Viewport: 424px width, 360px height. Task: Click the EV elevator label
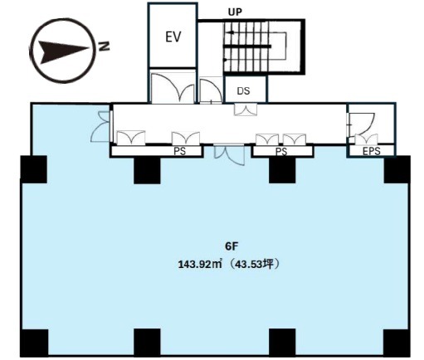point(173,36)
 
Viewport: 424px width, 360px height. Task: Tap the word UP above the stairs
point(235,12)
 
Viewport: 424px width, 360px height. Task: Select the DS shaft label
point(243,90)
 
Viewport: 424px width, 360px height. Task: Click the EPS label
point(372,151)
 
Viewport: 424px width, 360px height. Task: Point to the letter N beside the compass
point(104,46)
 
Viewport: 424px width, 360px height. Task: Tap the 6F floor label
point(231,246)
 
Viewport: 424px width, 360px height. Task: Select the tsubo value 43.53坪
point(252,265)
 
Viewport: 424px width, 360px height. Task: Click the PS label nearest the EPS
point(281,152)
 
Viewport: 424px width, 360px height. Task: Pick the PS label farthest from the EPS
point(179,151)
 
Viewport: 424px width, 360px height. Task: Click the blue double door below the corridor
point(229,155)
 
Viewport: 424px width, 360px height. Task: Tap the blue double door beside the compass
point(100,126)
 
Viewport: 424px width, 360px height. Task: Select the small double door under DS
point(246,109)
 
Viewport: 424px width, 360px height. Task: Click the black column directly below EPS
point(397,169)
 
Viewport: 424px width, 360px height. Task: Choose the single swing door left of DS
point(211,90)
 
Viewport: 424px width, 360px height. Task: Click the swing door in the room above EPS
point(362,124)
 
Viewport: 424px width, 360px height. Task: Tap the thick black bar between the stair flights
point(247,46)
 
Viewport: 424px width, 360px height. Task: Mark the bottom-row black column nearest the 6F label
point(282,342)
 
